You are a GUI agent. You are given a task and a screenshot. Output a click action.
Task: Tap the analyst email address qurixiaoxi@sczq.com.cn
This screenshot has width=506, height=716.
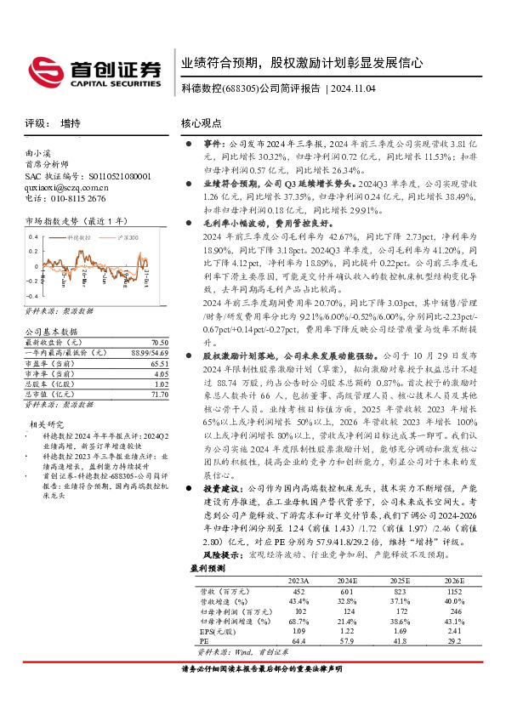tap(66, 186)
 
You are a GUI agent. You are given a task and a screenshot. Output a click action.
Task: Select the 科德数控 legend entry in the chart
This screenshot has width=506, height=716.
tap(77, 240)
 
